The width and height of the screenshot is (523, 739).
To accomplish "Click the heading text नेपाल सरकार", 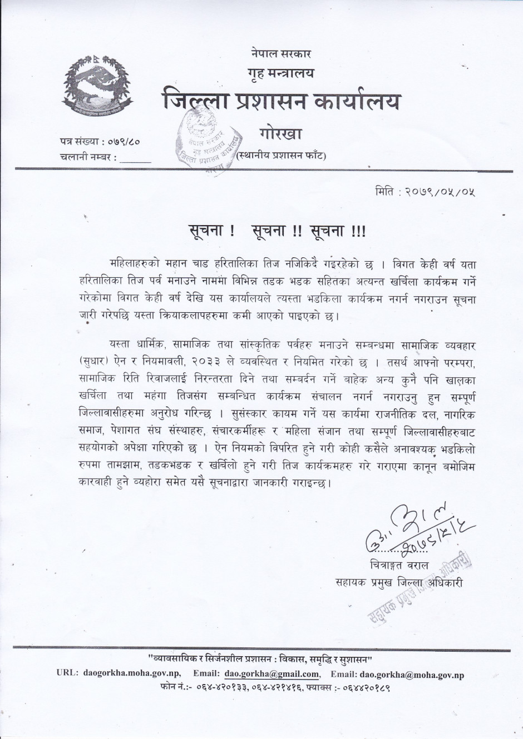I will (x=281, y=54).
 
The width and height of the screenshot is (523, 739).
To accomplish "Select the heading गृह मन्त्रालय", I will (x=281, y=73).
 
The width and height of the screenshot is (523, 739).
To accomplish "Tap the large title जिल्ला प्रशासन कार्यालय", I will (x=281, y=102).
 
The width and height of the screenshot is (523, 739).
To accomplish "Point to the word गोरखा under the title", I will (x=280, y=134).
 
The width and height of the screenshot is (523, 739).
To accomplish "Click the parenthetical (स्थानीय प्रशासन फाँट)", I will (x=281, y=156).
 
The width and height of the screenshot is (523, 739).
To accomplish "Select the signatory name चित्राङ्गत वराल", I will (x=399, y=565).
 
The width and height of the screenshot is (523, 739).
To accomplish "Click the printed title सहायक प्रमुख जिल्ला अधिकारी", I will (x=399, y=582).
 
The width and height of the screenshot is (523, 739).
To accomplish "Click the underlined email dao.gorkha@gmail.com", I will (x=272, y=675).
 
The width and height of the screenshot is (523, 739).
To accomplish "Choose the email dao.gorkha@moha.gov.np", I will (x=412, y=675).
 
